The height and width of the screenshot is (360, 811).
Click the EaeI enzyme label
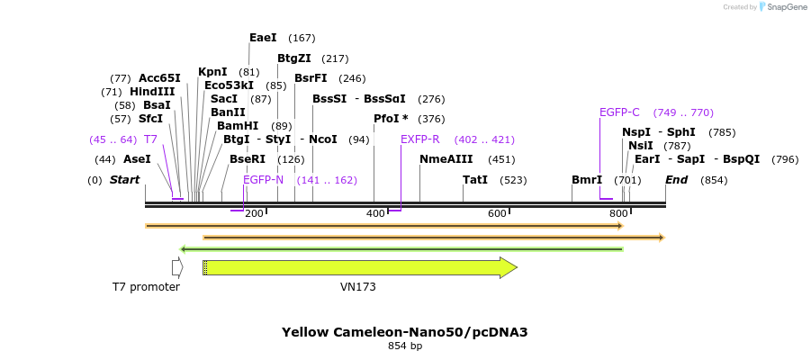point(263,38)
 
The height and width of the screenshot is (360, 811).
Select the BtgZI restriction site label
point(293,58)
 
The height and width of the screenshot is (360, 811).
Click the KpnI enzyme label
point(212,72)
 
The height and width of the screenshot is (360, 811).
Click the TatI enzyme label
point(475,180)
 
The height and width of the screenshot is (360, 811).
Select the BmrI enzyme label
point(587,180)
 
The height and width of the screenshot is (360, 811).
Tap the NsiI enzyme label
point(641,146)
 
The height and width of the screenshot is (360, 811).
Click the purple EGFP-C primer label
point(619,112)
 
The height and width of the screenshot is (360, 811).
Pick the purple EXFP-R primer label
point(419,139)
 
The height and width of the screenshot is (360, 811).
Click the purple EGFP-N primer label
point(263,180)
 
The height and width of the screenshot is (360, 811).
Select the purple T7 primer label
point(150,139)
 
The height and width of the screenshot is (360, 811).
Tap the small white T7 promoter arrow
point(177,267)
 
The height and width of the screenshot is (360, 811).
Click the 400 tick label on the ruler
point(374,213)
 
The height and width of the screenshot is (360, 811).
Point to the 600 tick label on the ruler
point(497,213)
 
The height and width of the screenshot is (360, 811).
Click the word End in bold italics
point(677,180)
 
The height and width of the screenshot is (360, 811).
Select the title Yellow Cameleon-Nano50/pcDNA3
point(405,332)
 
